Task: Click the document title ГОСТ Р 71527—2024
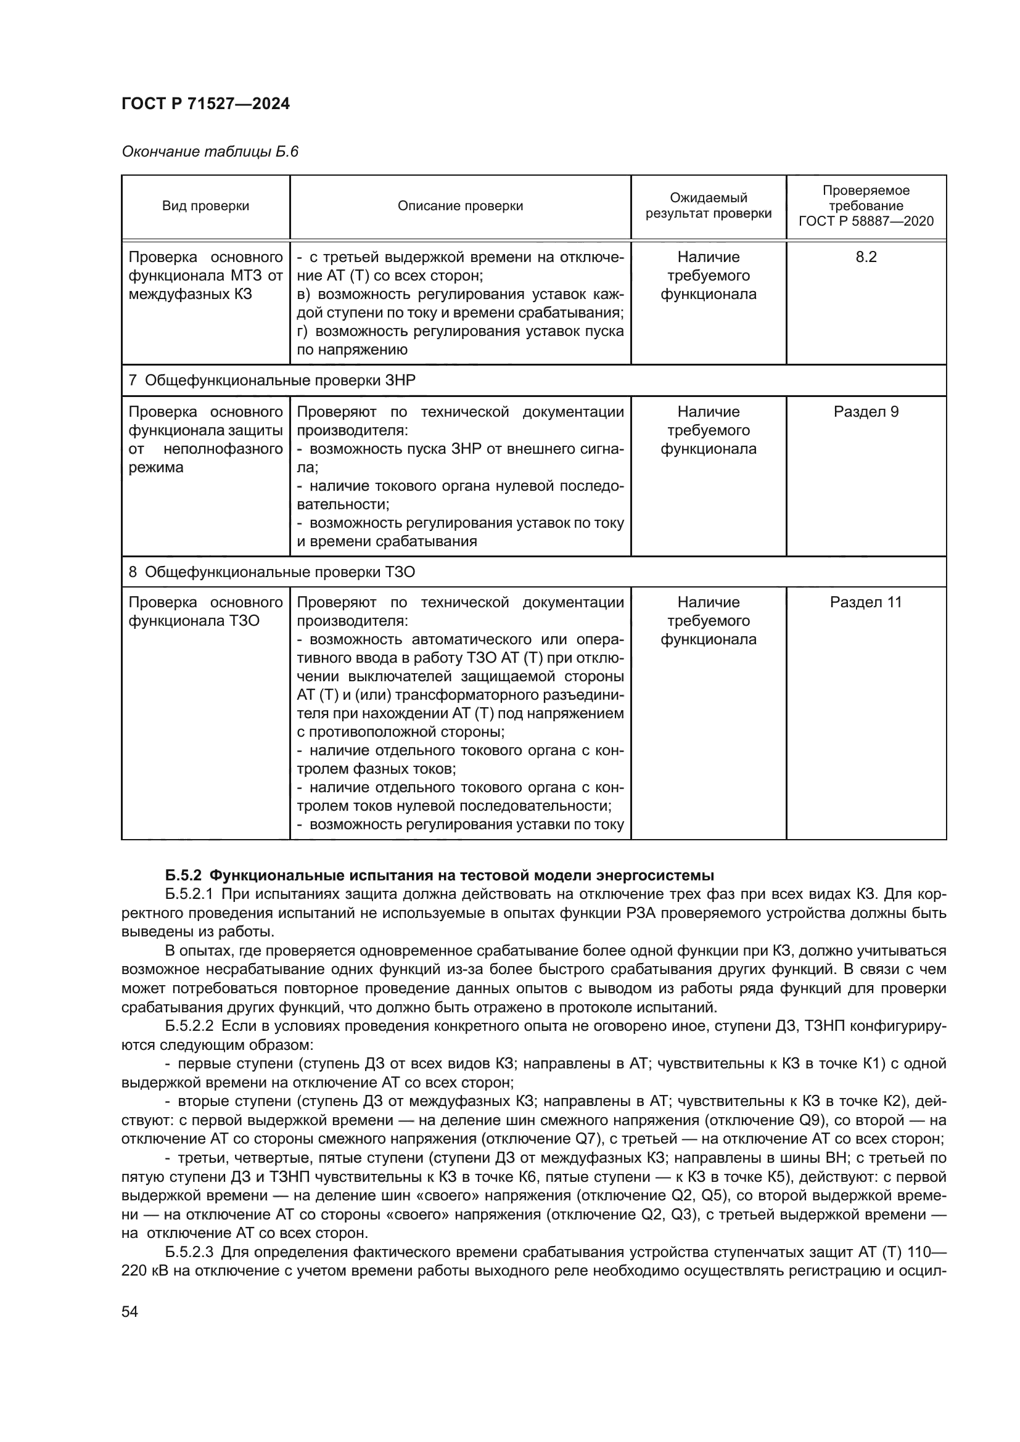205,104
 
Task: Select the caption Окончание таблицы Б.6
210,152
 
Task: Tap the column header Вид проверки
205,206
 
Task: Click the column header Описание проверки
460,206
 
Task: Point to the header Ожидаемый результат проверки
708,206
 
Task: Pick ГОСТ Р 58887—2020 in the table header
865,221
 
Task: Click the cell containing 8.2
865,257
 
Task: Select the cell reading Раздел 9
865,412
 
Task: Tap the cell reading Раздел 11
865,602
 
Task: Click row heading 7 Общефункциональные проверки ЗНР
272,380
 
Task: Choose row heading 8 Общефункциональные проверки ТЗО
272,572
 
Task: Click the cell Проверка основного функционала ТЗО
205,612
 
